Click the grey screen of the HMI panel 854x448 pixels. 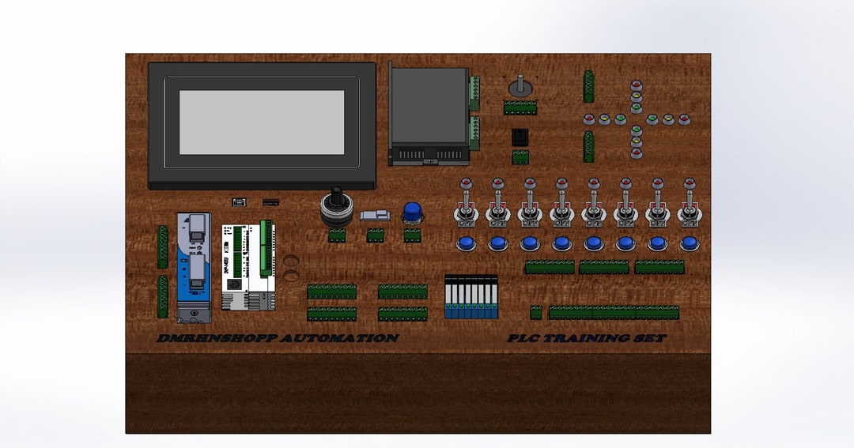262,122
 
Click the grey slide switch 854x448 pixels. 375,215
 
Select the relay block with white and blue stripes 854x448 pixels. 471,297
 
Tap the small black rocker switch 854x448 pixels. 520,136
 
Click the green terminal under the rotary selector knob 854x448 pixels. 337,235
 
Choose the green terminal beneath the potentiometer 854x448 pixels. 520,108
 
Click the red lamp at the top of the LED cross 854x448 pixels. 636,85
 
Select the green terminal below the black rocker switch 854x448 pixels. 520,157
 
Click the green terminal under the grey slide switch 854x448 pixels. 375,235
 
